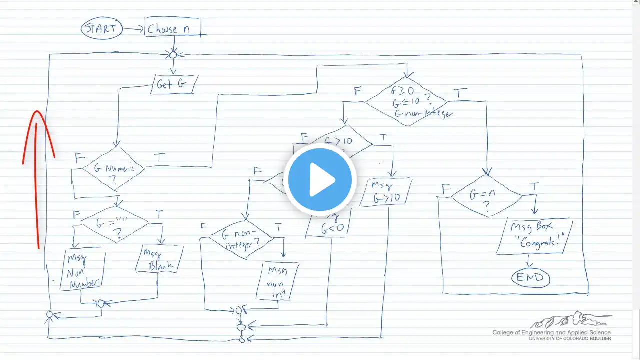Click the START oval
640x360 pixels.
[x=101, y=29]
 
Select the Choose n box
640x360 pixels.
[x=170, y=29]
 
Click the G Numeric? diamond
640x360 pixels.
[x=113, y=168]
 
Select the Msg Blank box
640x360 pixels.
[x=157, y=260]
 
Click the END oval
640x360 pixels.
[x=530, y=277]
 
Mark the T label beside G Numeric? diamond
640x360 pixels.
[x=159, y=157]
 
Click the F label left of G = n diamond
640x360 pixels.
[x=446, y=189]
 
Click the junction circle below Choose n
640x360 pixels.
[x=173, y=54]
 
